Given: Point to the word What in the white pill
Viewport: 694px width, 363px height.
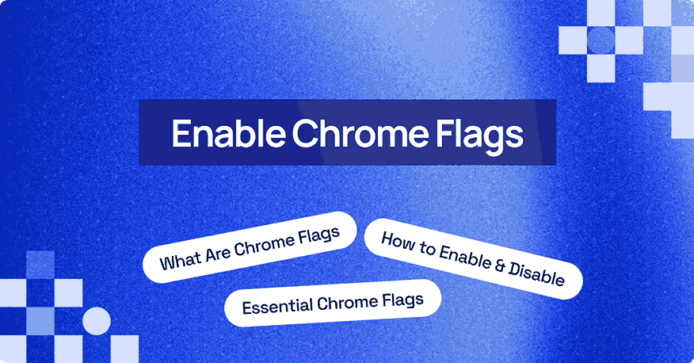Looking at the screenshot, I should tap(178, 258).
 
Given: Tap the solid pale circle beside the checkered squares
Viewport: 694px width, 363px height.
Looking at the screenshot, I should tap(96, 321).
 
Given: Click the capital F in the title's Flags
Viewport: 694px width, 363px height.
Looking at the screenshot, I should tap(444, 133).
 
